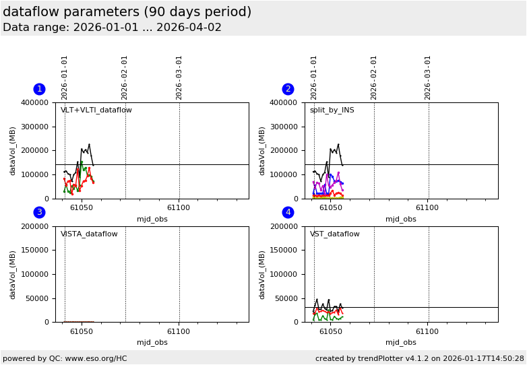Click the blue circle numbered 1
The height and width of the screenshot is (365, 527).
[39, 89]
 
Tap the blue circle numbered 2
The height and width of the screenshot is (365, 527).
[288, 89]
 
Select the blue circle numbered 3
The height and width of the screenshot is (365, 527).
[39, 212]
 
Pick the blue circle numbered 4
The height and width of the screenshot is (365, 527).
[288, 212]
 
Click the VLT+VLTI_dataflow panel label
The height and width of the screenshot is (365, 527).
[96, 110]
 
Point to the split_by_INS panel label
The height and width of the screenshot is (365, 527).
[332, 110]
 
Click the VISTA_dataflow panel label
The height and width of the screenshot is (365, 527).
[89, 234]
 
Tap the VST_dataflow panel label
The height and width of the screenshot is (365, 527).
[334, 234]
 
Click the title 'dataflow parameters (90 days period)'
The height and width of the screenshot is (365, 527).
[127, 12]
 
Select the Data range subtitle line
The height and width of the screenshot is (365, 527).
[112, 28]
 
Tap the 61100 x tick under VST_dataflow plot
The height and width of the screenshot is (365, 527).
[427, 331]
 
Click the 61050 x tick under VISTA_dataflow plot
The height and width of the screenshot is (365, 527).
[82, 331]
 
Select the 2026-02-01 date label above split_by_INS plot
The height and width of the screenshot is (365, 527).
[374, 77]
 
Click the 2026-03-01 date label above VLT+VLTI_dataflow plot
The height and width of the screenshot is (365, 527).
[179, 77]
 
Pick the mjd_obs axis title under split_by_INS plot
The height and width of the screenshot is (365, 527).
[401, 219]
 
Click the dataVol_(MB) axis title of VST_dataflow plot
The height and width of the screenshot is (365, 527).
[263, 274]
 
